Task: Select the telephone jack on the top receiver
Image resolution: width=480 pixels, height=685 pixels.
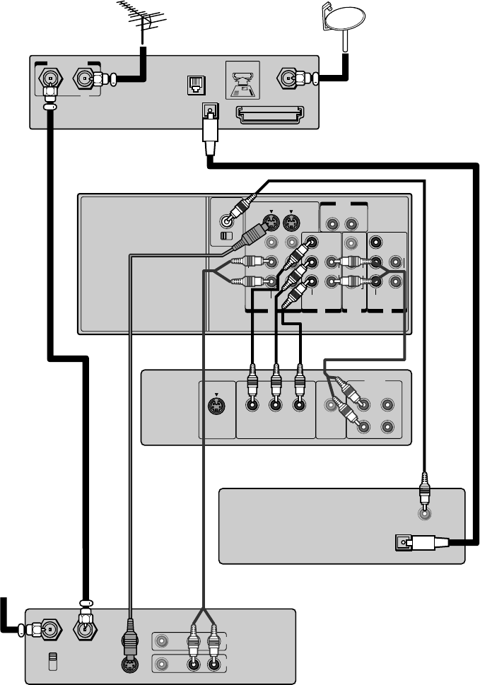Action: coord(192,85)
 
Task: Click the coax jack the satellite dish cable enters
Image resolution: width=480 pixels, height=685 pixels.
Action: coord(288,77)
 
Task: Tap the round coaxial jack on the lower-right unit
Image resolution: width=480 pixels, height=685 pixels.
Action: coord(423,513)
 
